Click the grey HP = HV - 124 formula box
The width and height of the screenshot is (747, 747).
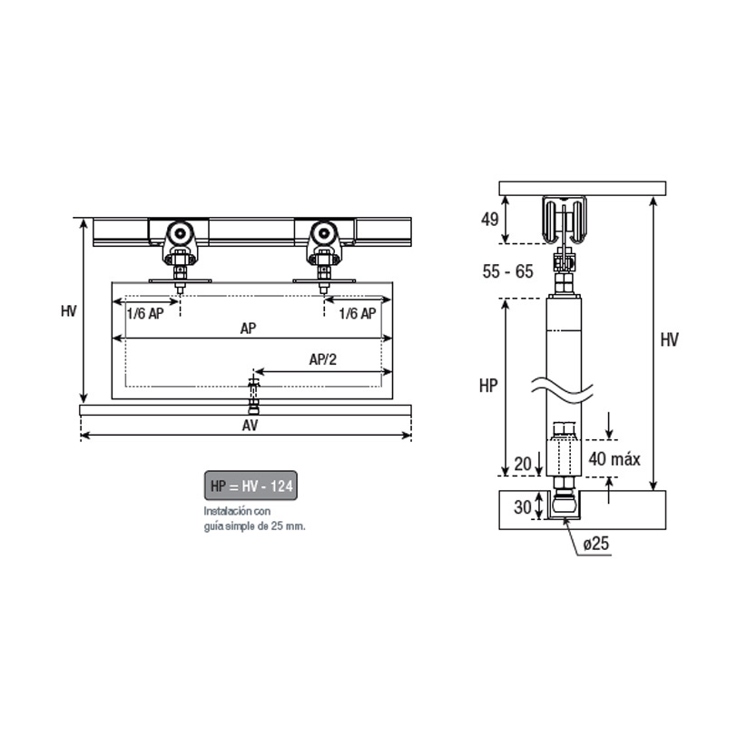click(x=251, y=486)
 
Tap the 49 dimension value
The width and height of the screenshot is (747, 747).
click(x=490, y=220)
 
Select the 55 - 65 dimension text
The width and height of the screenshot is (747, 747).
click(x=507, y=271)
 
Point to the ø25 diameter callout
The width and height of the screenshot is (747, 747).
click(x=595, y=543)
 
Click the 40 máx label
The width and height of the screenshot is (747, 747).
click(x=614, y=458)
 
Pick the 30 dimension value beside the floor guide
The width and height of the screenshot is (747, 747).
click(x=523, y=506)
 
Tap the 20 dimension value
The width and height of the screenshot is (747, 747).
click(x=523, y=464)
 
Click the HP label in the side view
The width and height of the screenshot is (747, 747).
click(x=488, y=386)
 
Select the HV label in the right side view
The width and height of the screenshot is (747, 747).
click(x=669, y=339)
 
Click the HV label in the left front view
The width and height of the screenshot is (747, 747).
click(x=69, y=311)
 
